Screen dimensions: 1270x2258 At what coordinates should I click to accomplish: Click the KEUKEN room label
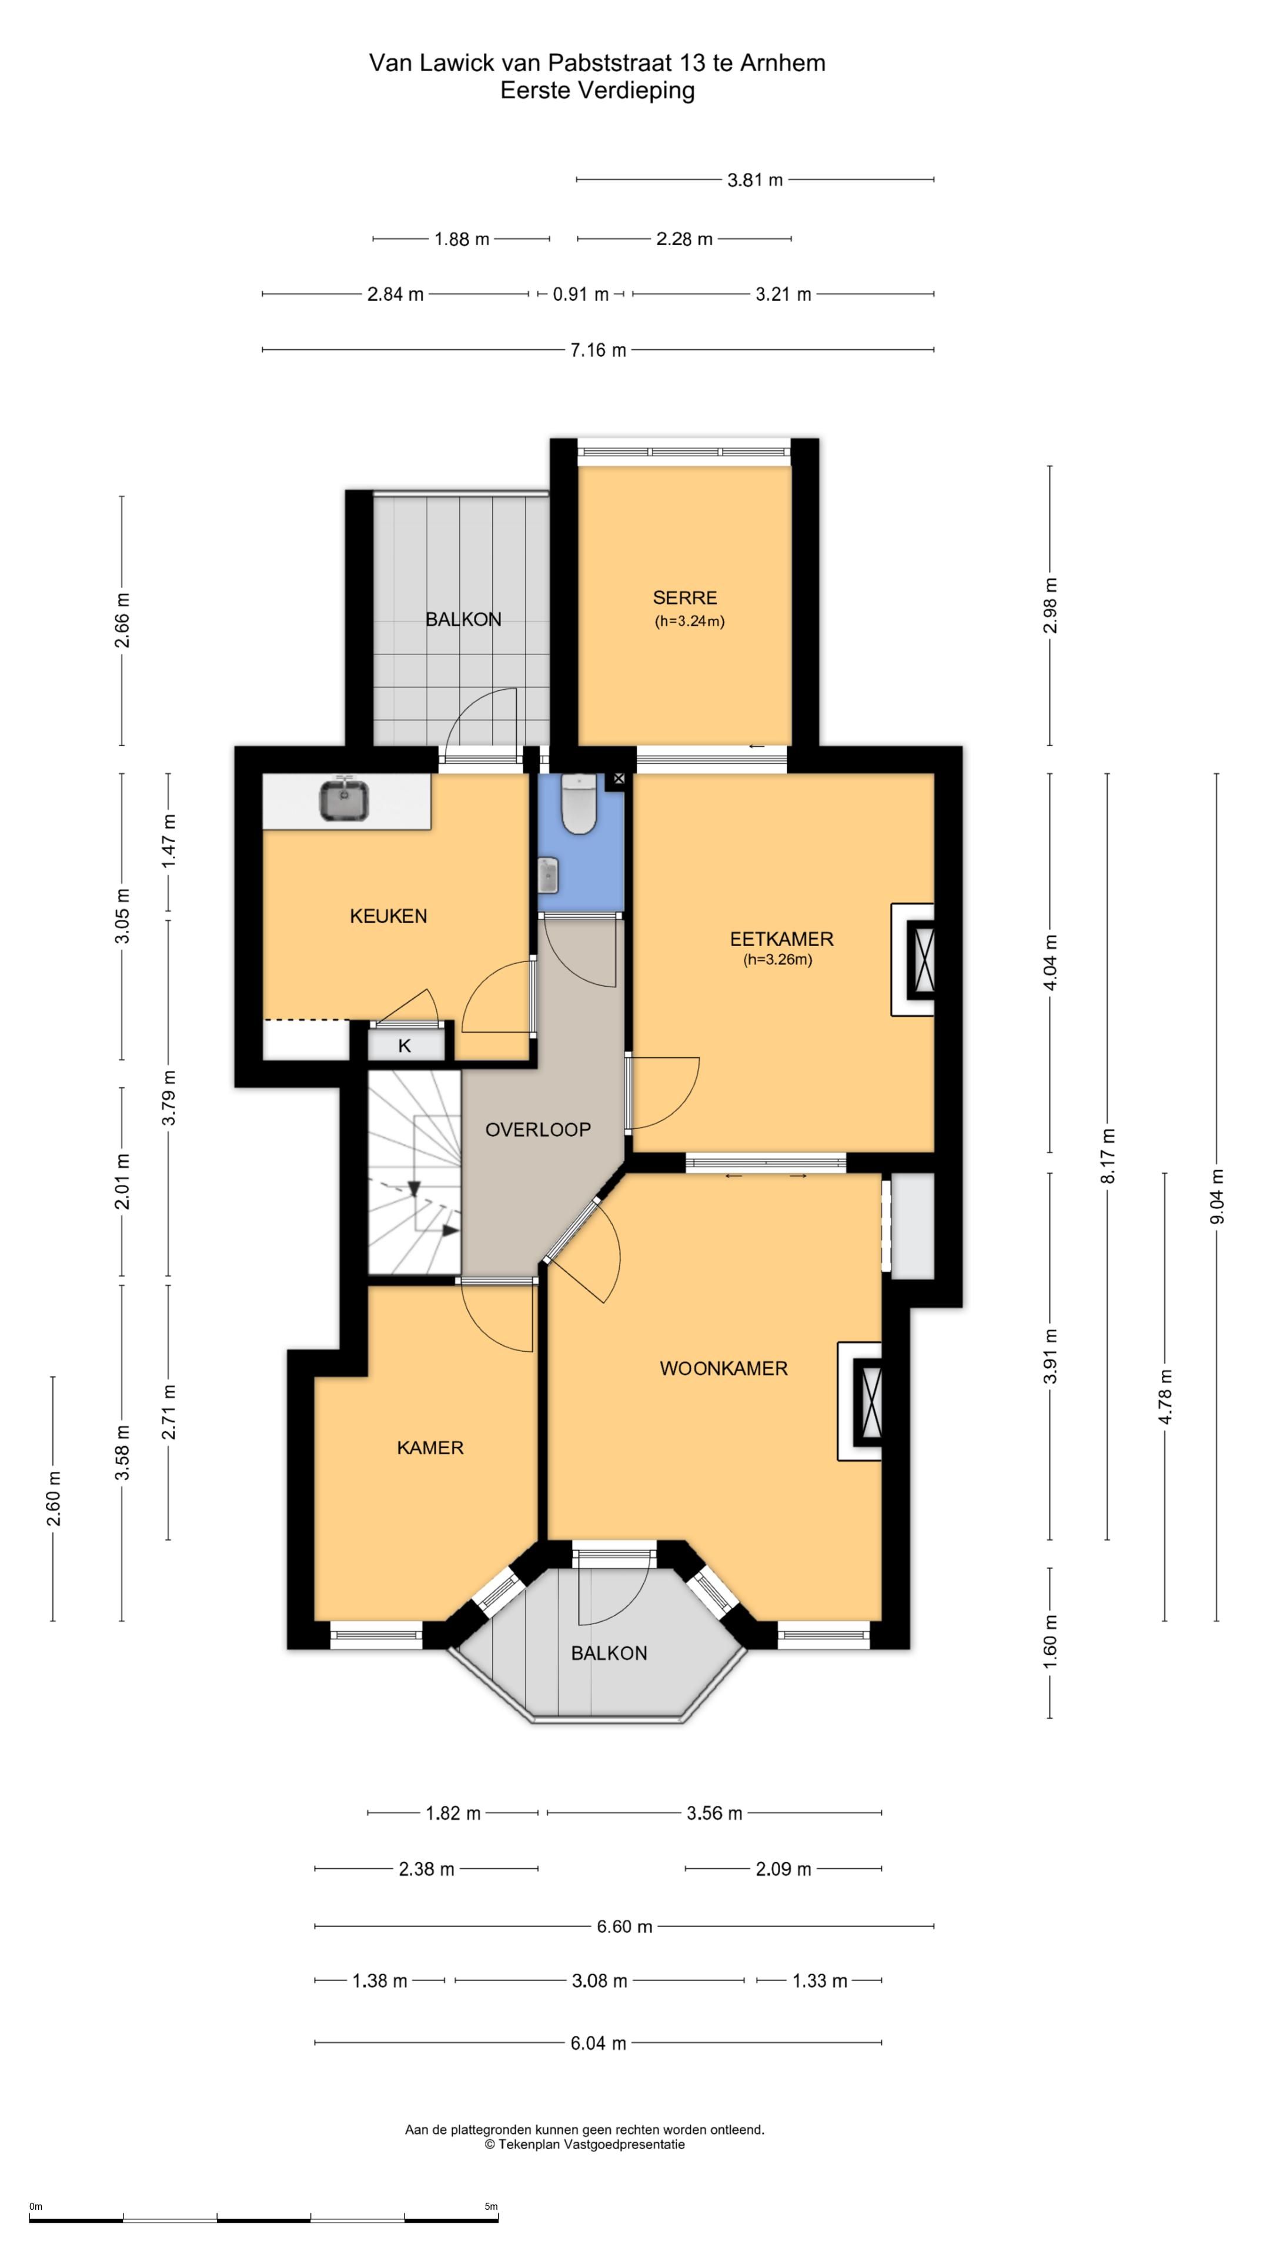pyautogui.click(x=388, y=916)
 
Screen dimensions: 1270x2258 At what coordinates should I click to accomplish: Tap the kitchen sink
pyautogui.click(x=343, y=800)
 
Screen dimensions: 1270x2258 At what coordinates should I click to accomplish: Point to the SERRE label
pyautogui.click(x=684, y=598)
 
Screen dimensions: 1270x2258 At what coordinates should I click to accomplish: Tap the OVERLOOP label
pyautogui.click(x=538, y=1130)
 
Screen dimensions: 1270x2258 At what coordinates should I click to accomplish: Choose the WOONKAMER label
pyautogui.click(x=724, y=1368)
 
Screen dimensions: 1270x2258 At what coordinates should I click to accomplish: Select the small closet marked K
pyautogui.click(x=404, y=1045)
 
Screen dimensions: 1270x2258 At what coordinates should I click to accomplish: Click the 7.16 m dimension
pyautogui.click(x=599, y=350)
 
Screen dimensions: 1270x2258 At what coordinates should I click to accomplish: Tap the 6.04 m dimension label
pyautogui.click(x=599, y=2043)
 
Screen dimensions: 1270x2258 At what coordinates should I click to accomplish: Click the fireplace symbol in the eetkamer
pyautogui.click(x=920, y=959)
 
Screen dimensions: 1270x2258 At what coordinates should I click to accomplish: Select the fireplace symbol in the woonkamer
pyautogui.click(x=868, y=1401)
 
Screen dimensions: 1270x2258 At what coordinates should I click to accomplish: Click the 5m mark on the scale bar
pyautogui.click(x=491, y=2206)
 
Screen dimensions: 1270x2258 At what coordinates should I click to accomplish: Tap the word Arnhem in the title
pyautogui.click(x=783, y=63)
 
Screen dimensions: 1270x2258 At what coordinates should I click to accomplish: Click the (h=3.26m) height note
pyautogui.click(x=778, y=960)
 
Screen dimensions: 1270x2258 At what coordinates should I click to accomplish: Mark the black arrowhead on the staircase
pyautogui.click(x=450, y=1231)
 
